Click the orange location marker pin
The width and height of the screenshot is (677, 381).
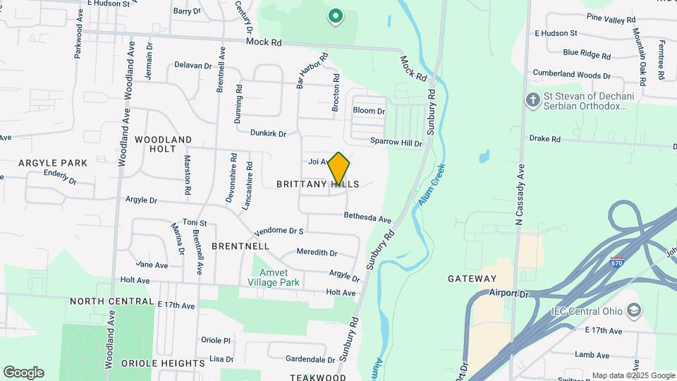pos(338,169)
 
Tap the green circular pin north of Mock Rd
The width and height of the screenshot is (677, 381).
pos(336,16)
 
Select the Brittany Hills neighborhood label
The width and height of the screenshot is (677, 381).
pos(317,184)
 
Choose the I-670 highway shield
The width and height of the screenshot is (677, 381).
pos(618,262)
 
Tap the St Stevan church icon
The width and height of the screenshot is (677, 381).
pos(532,100)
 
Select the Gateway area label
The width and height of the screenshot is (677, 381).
pos(472,279)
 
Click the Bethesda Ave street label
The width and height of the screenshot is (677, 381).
pos(367,218)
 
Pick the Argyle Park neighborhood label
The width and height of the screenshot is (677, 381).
pos(53,163)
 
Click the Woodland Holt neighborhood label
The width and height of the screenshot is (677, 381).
pos(163,144)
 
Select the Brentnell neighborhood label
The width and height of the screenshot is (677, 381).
pos(240,246)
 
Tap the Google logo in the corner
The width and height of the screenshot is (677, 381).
pos(23,373)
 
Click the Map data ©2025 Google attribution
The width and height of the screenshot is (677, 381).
pos(633,375)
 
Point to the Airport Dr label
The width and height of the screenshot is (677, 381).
pos(508,293)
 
